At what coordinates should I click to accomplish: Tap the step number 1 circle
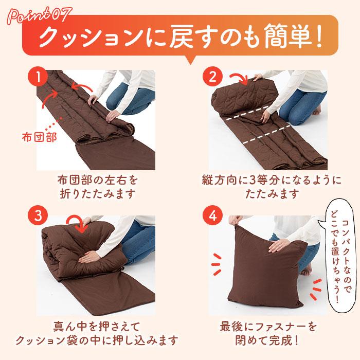point(37,78)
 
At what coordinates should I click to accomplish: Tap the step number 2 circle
point(211,78)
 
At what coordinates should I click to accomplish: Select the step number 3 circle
point(37,216)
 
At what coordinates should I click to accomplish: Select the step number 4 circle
point(211,216)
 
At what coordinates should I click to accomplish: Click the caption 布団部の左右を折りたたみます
point(97,188)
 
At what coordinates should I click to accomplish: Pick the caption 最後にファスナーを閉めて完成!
point(267,334)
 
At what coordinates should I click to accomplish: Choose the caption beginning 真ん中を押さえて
point(97,334)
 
